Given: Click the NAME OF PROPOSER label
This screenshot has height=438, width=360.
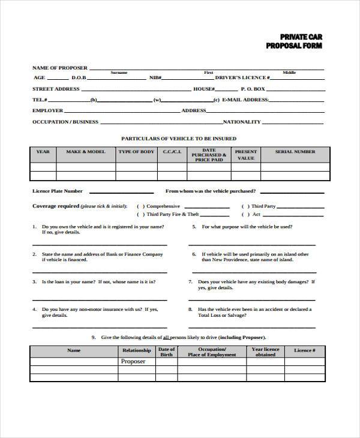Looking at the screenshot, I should pos(59,67).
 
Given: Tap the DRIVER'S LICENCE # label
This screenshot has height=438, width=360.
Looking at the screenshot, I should pos(242,78).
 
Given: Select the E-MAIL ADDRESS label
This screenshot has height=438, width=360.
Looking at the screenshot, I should pos(245,100).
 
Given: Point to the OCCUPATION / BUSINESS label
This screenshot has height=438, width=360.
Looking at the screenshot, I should pos(65,122).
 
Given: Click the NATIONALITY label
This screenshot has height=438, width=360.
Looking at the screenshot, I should pos(242,122).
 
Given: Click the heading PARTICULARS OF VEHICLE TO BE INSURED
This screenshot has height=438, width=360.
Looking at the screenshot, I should pos(179,138).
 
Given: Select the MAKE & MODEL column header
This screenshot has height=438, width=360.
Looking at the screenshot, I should pos(85,152).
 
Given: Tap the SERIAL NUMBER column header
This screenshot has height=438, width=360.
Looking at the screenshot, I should pos(295,152).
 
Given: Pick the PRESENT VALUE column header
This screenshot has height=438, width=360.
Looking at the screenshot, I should pos(245,155).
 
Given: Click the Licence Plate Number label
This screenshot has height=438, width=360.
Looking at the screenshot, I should pos(57,191).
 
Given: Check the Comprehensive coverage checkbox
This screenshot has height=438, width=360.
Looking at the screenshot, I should pos(140,206).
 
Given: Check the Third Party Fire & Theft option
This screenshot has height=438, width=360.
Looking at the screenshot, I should pos(140,214).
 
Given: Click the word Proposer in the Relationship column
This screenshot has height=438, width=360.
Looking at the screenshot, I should pos(133,361).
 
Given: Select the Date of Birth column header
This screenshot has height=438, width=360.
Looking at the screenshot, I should pos(166,352).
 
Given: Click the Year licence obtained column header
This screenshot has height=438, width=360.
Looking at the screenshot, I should pos(265,352).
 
